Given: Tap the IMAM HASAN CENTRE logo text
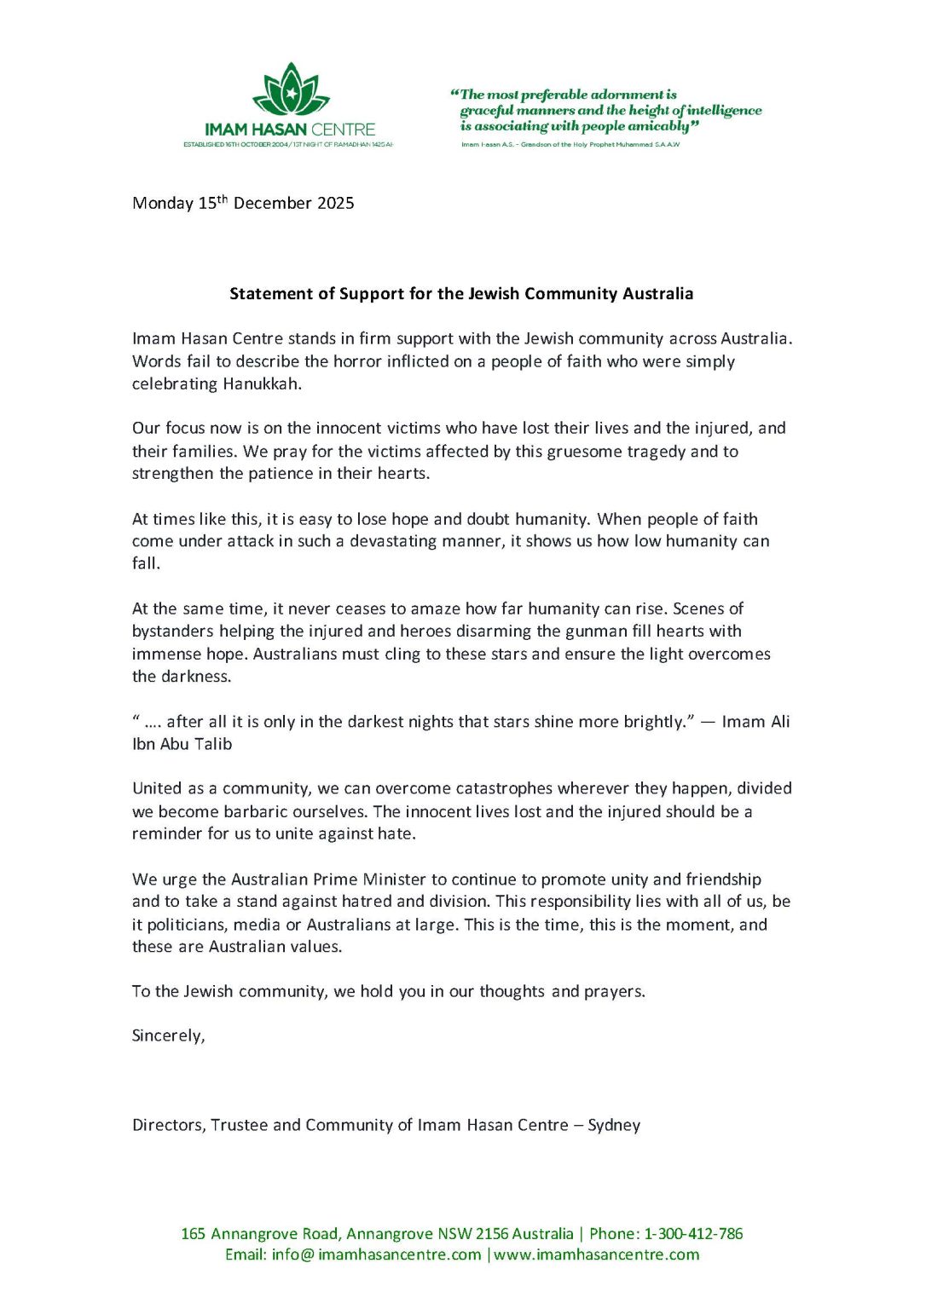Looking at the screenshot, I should pyautogui.click(x=290, y=130).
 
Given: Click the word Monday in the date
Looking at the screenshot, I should pyautogui.click(x=163, y=204).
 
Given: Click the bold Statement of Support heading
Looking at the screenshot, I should pyautogui.click(x=461, y=294).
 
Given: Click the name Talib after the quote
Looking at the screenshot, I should pyautogui.click(x=212, y=744).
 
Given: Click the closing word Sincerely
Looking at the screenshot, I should pyautogui.click(x=168, y=1035).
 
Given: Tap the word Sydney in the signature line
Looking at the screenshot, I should pyautogui.click(x=614, y=1125).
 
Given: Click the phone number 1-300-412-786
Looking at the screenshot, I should pyautogui.click(x=693, y=1234).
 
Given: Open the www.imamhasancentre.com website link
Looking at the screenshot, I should pyautogui.click(x=597, y=1254).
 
